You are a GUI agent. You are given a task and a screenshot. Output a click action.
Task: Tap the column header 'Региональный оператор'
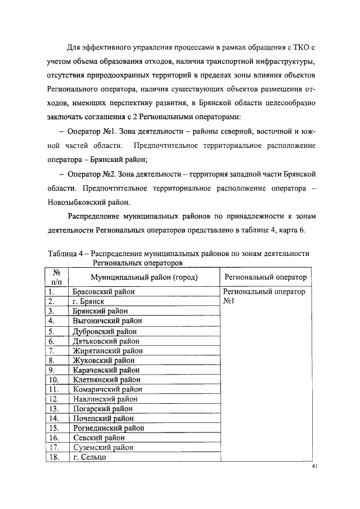[x=265, y=277]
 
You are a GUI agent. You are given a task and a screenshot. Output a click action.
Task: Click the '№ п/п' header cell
[x=56, y=277]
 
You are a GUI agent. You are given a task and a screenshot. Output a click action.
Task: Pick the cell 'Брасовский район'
[x=103, y=292]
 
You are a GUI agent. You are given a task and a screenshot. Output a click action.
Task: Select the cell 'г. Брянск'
[x=88, y=301]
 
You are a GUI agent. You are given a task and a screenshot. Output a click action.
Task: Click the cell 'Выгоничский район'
[x=107, y=321]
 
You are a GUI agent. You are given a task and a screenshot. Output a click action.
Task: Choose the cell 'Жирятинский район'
[x=107, y=350]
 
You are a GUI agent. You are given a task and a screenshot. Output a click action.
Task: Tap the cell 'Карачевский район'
[x=106, y=370]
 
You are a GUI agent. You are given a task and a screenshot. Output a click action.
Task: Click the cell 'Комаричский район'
[x=107, y=389]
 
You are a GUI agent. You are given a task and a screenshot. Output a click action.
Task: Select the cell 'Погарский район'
[x=103, y=409]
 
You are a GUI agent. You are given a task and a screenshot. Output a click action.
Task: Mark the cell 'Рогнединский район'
[x=109, y=428]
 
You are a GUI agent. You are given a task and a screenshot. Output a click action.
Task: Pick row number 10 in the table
[x=54, y=380]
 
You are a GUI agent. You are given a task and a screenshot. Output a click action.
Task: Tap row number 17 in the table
[x=54, y=448]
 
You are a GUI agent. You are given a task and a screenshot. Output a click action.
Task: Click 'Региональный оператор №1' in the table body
[x=264, y=296]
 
